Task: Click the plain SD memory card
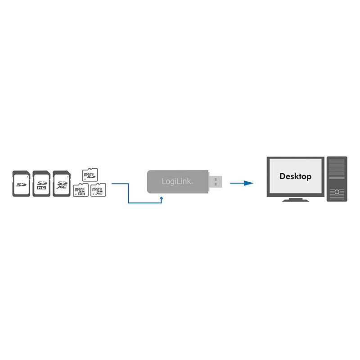coord(21,183)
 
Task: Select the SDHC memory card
coord(40,183)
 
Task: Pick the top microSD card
coord(90,174)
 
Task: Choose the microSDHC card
coord(81,190)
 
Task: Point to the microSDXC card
coord(97,190)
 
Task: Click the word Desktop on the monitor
coord(295,176)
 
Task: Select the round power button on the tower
coord(337,192)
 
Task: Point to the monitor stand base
coord(295,200)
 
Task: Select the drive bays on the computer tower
coord(337,171)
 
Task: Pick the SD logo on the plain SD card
coord(21,184)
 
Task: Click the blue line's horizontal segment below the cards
coord(144,203)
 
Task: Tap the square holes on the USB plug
coord(216,182)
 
